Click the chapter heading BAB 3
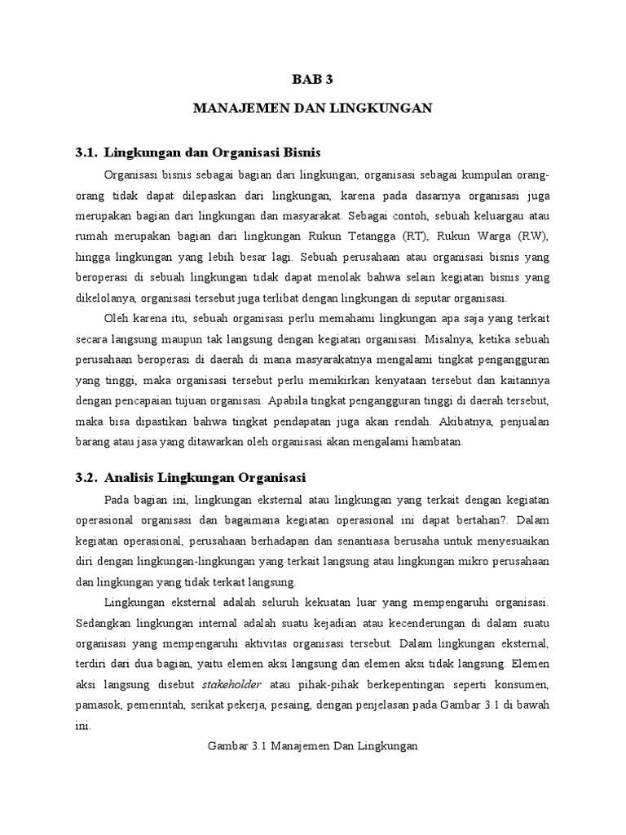[313, 79]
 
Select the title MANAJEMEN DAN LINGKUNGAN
[313, 108]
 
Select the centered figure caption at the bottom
[313, 745]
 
